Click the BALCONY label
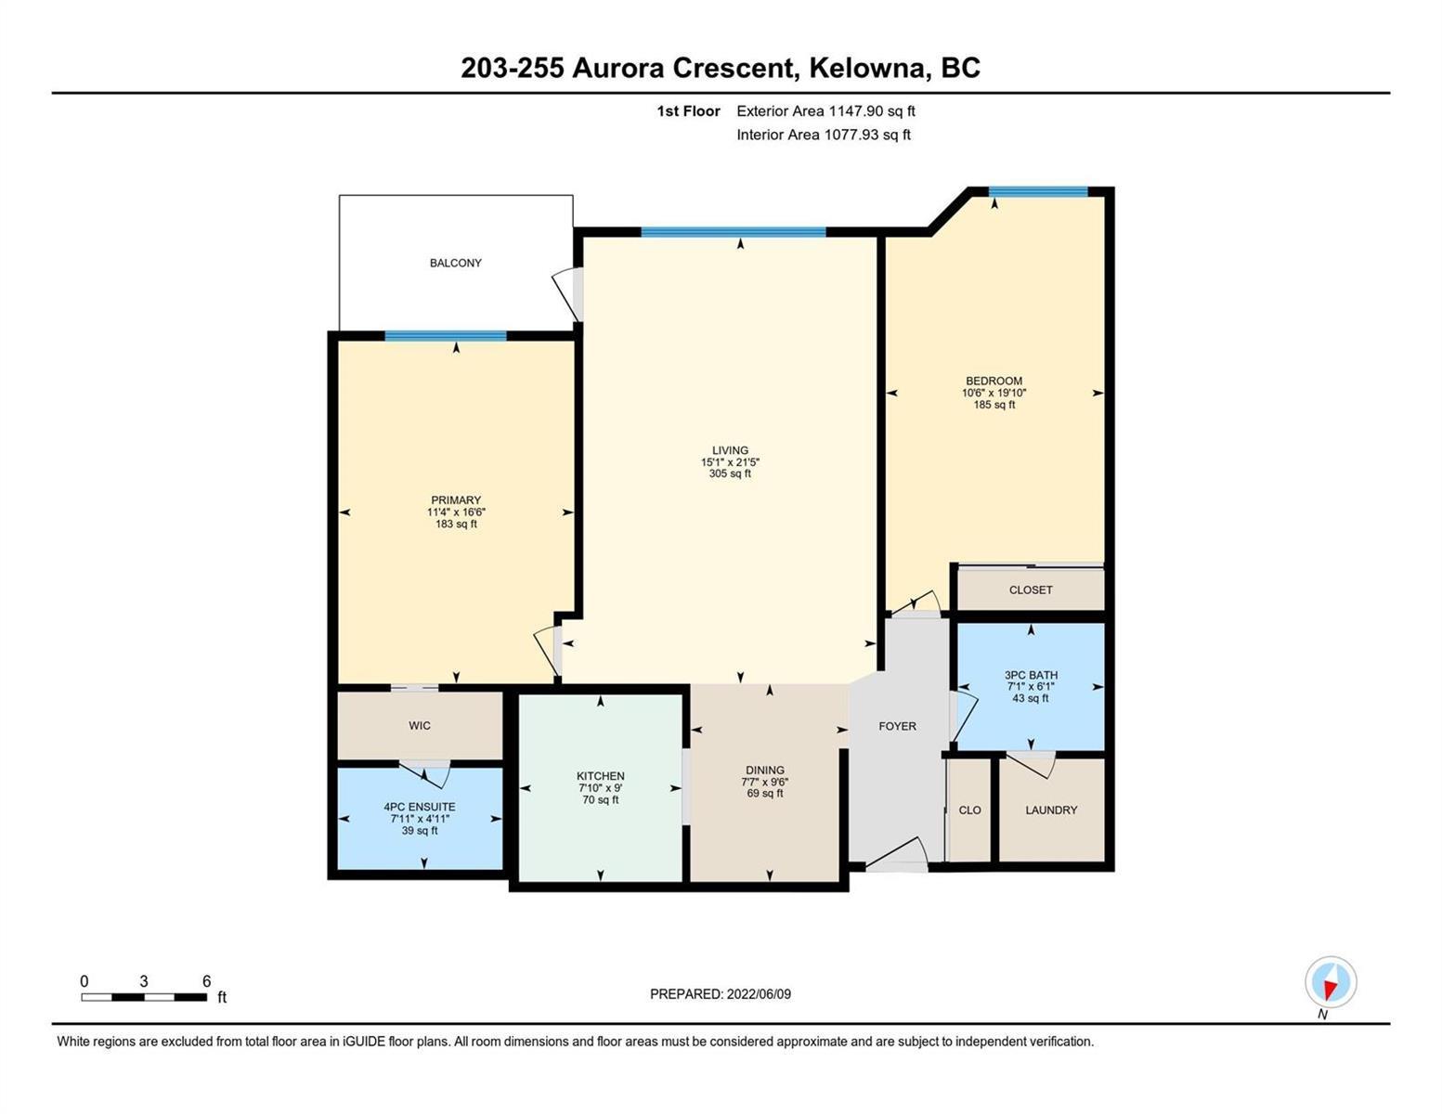click(x=455, y=263)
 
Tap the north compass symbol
click(x=1330, y=983)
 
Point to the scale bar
click(x=144, y=996)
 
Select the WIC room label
click(x=420, y=725)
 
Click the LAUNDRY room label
click(x=1051, y=810)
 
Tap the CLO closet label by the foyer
click(x=969, y=810)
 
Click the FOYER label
click(x=897, y=726)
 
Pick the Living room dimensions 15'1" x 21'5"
click(x=730, y=461)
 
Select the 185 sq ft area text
click(x=994, y=404)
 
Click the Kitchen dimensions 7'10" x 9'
click(x=600, y=787)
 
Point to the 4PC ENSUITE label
click(x=420, y=806)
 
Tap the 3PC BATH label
click(x=1031, y=675)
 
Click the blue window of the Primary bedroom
click(x=446, y=336)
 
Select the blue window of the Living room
click(x=734, y=231)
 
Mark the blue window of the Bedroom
click(x=1038, y=192)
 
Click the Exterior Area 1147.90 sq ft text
click(x=825, y=110)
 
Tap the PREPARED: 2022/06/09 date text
click(x=720, y=994)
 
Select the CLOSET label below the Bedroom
click(x=1031, y=589)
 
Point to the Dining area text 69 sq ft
click(x=764, y=793)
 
